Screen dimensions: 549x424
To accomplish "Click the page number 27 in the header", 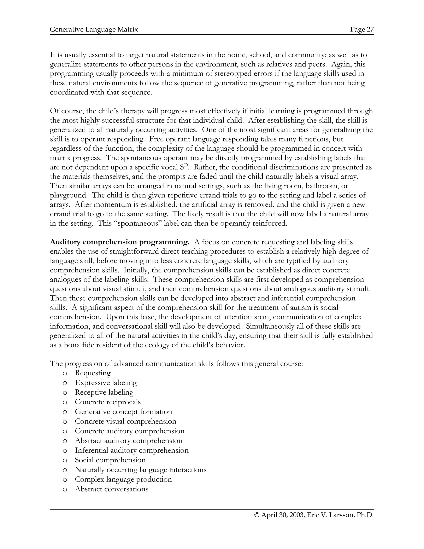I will click(x=370, y=30).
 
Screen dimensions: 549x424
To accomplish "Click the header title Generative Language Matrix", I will click(x=94, y=30).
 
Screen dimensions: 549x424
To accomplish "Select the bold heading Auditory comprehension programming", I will click(x=120, y=242).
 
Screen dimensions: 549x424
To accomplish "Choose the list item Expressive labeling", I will click(x=106, y=383).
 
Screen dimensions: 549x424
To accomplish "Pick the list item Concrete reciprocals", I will click(x=107, y=402).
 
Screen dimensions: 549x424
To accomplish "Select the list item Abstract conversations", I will click(x=112, y=489).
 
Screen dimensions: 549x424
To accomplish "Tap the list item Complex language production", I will click(x=123, y=479).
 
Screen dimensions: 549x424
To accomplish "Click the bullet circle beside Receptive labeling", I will click(x=65, y=393).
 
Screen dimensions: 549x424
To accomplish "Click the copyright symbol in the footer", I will click(x=257, y=515).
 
